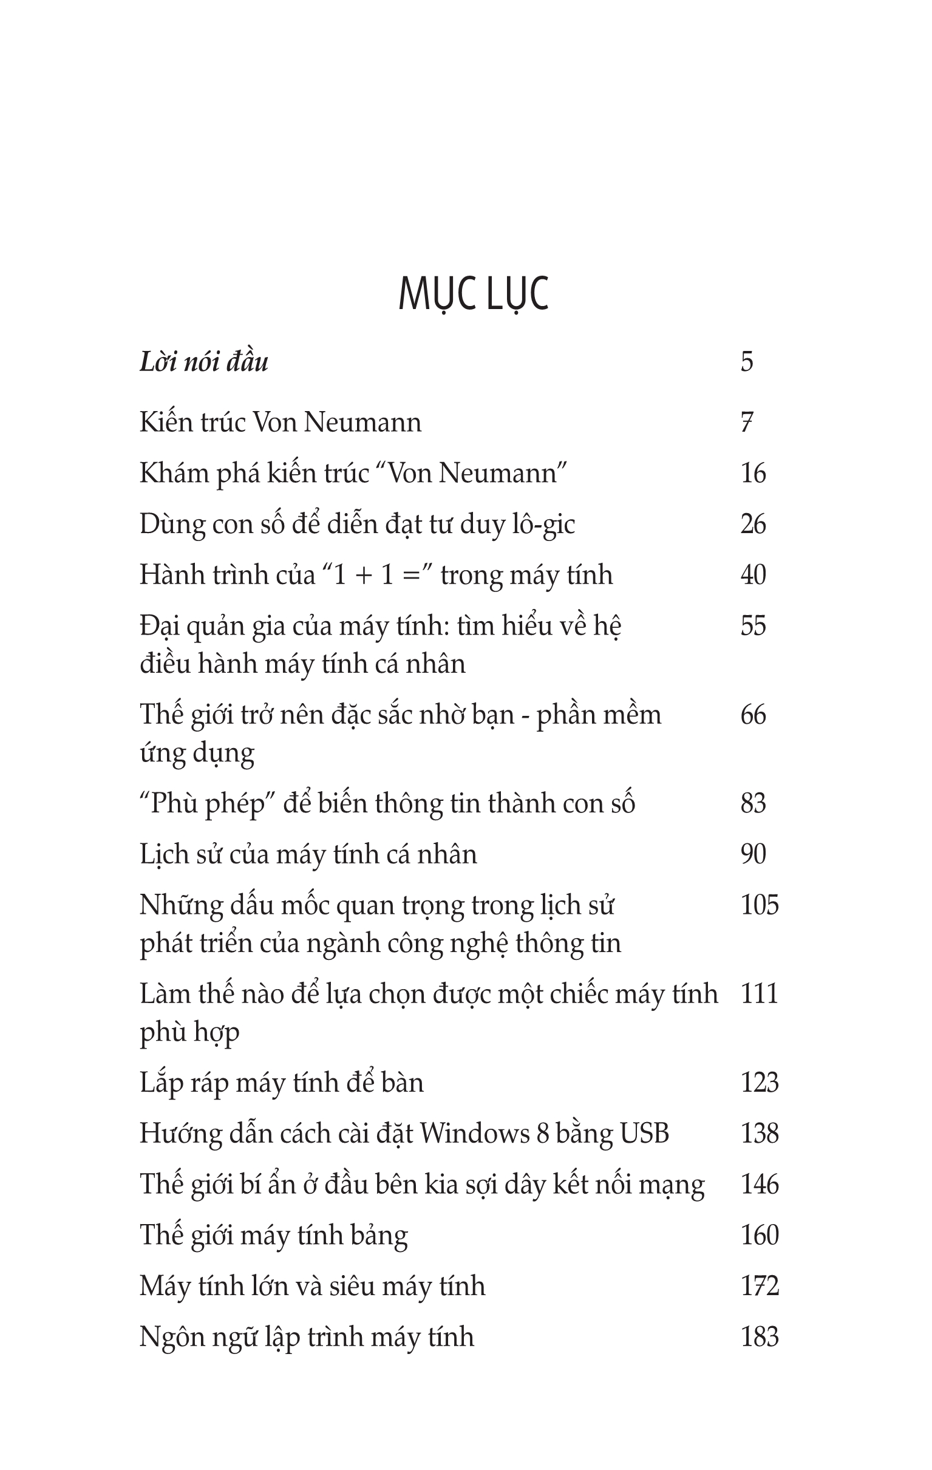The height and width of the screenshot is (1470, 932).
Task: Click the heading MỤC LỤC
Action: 474,295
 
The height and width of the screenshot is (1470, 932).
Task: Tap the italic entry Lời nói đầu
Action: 204,362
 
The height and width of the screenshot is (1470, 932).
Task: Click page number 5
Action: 747,362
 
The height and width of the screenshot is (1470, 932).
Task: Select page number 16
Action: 753,474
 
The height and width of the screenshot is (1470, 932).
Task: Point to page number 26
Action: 753,525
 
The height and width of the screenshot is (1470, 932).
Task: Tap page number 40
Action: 753,575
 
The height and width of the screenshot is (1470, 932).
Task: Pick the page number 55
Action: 753,626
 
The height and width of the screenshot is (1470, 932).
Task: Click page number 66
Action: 753,715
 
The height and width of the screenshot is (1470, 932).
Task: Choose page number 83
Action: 753,803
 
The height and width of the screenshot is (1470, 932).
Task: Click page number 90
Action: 753,854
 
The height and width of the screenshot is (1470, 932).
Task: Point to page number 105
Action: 760,905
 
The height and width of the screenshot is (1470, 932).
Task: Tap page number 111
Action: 760,994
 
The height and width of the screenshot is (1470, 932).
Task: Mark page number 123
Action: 760,1083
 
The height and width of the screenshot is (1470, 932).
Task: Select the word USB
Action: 645,1134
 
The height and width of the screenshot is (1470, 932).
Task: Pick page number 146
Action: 760,1184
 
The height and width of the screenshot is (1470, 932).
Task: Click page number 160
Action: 760,1235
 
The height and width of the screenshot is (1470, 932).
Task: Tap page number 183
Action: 760,1336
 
